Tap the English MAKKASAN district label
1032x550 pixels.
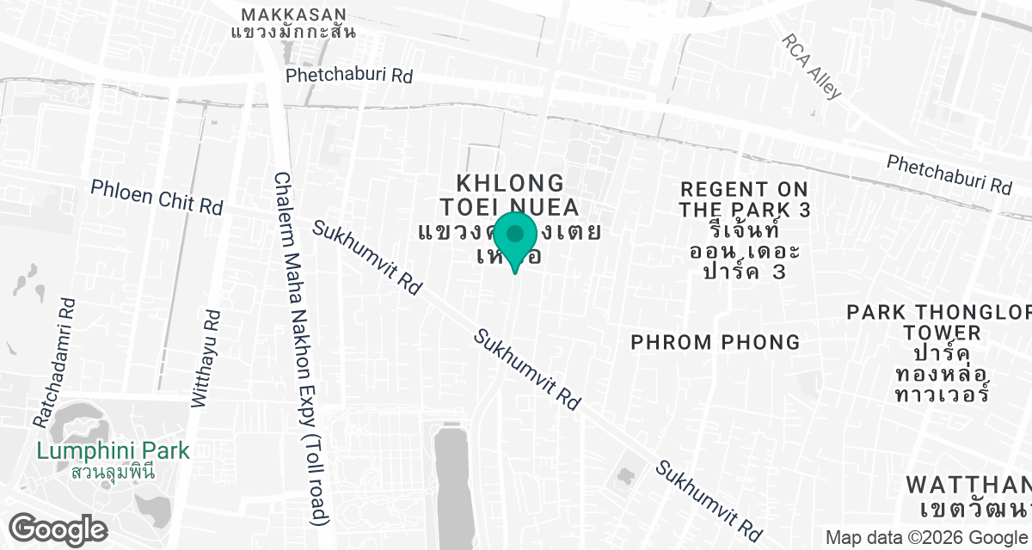point(294,15)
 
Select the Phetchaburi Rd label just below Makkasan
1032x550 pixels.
point(349,76)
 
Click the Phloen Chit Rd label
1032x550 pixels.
point(157,197)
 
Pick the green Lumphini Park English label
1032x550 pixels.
point(112,450)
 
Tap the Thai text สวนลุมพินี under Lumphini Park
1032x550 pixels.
point(112,472)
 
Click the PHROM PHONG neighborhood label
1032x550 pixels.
point(716,342)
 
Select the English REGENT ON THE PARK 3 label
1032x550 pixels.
point(744,199)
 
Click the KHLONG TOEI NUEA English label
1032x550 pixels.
point(510,195)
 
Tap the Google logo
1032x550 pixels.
point(58,529)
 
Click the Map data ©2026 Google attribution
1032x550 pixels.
point(925,538)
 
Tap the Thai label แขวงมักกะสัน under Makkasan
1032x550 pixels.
point(294,33)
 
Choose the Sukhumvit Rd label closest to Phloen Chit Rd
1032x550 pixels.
point(366,258)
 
